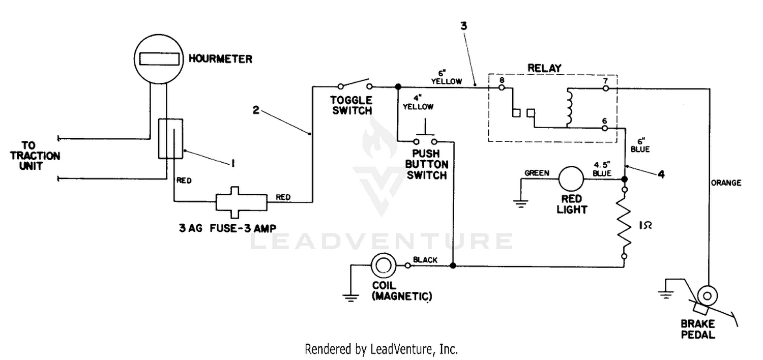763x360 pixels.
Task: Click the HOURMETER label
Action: (220, 59)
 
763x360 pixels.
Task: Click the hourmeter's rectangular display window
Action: (159, 59)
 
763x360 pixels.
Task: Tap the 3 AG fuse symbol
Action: (241, 202)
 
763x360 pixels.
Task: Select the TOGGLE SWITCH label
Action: (351, 105)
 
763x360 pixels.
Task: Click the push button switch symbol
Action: (425, 135)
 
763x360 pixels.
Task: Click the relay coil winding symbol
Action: (569, 107)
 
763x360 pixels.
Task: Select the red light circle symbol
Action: (571, 179)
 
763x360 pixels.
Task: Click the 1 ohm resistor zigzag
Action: (624, 223)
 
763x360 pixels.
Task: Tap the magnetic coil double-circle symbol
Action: (384, 265)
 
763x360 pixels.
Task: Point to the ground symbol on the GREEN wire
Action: (520, 204)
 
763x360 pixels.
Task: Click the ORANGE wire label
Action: (726, 183)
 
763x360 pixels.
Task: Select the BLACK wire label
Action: (425, 260)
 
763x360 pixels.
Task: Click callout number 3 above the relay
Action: (463, 26)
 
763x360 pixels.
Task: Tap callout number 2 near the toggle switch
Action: (256, 110)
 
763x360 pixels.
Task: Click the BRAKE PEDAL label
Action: (697, 329)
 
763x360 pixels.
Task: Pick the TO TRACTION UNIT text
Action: (35, 156)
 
